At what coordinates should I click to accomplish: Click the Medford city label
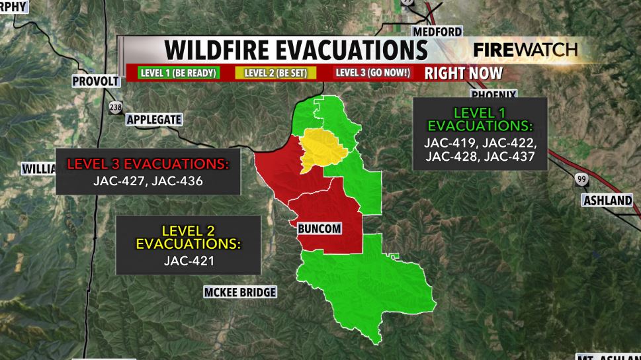click(x=437, y=32)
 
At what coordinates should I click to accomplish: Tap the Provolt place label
click(x=96, y=81)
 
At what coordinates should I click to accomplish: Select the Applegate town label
click(x=153, y=119)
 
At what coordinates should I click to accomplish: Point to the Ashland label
click(x=607, y=201)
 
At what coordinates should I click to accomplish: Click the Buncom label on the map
click(x=320, y=228)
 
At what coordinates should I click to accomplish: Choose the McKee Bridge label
click(x=239, y=292)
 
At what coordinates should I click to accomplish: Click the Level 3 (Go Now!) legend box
click(x=372, y=73)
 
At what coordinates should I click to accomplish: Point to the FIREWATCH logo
click(x=525, y=50)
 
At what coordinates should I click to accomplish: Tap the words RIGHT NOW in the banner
click(x=463, y=73)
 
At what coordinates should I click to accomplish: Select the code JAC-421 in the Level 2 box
click(x=189, y=261)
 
